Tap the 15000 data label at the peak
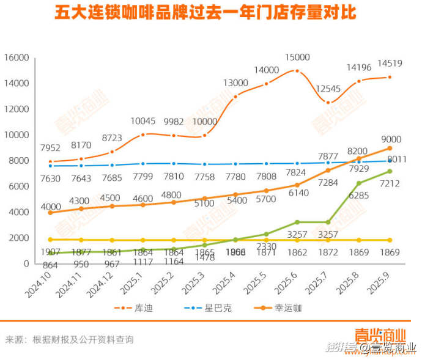pyautogui.click(x=297, y=57)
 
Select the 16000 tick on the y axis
pyautogui.click(x=17, y=57)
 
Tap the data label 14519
pyautogui.click(x=389, y=63)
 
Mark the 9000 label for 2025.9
pyautogui.click(x=390, y=138)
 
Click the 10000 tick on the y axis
pyautogui.click(x=17, y=135)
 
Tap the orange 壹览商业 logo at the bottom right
pyautogui.click(x=380, y=336)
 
